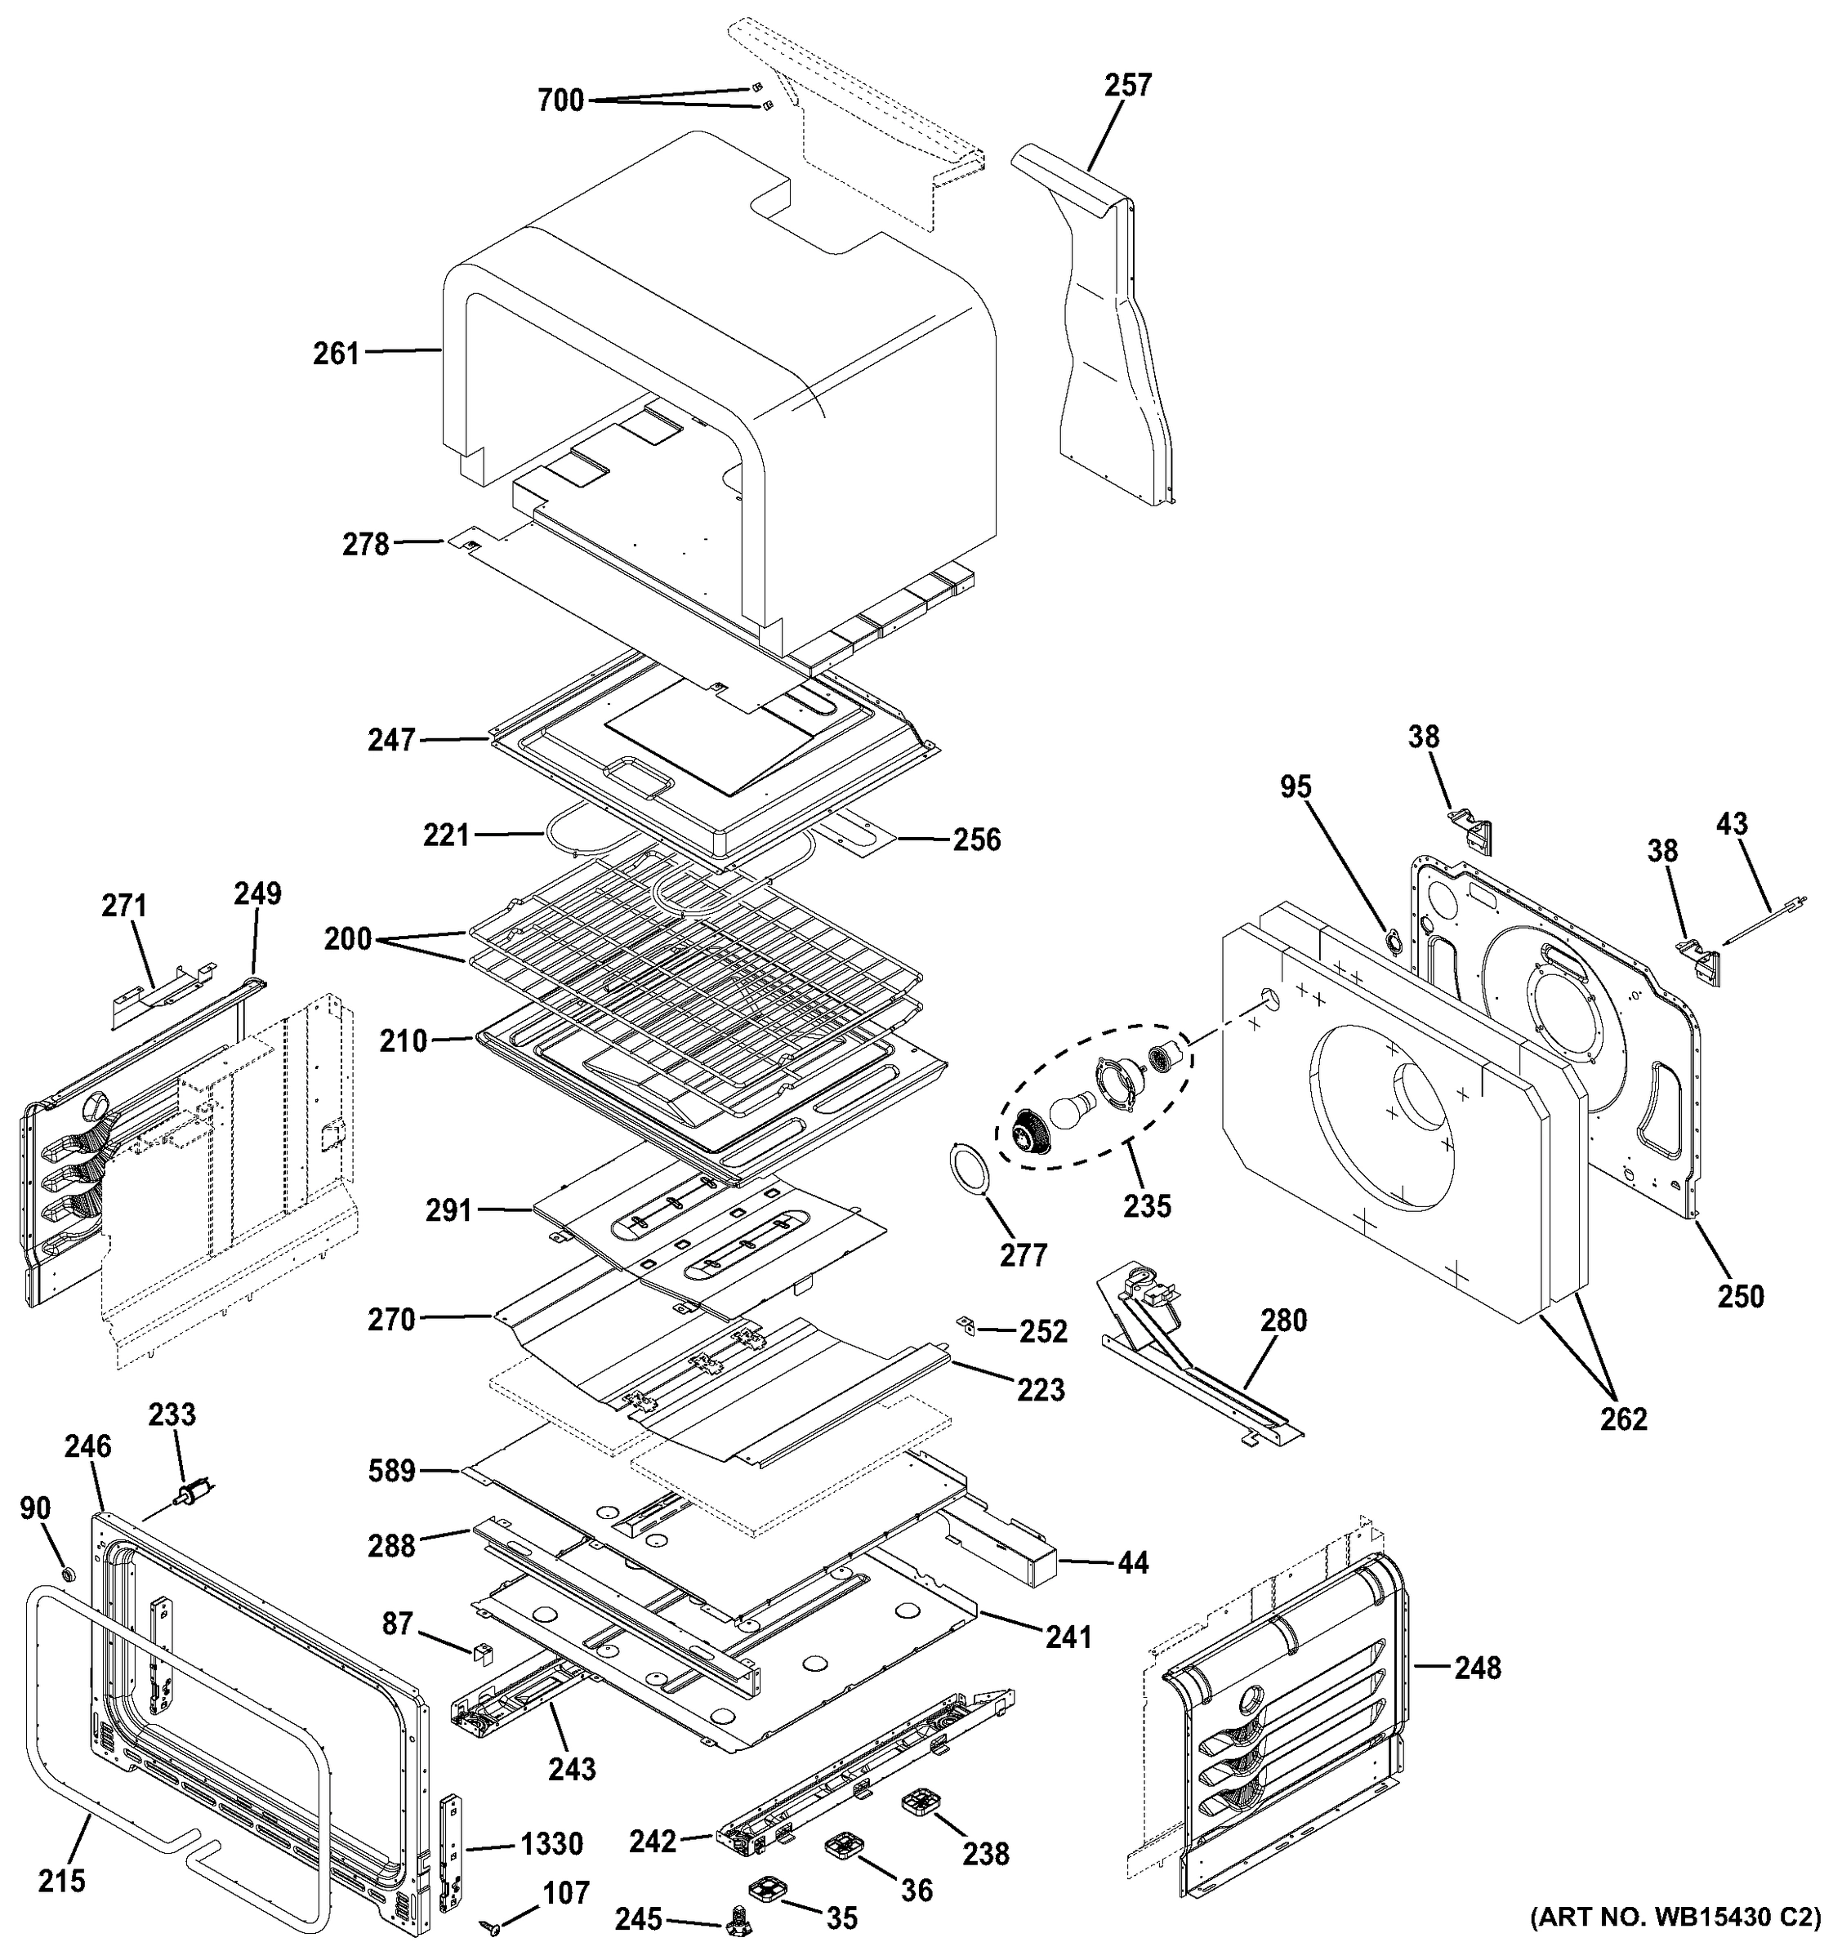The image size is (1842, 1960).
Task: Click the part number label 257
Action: tap(1127, 85)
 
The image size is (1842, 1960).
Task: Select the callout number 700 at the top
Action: tap(561, 100)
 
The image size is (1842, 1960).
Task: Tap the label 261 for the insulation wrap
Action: tap(337, 353)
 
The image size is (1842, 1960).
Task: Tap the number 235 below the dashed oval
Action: tap(1148, 1205)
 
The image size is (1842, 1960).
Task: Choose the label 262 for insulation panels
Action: tap(1623, 1418)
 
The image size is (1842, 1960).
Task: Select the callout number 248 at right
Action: tap(1477, 1668)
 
